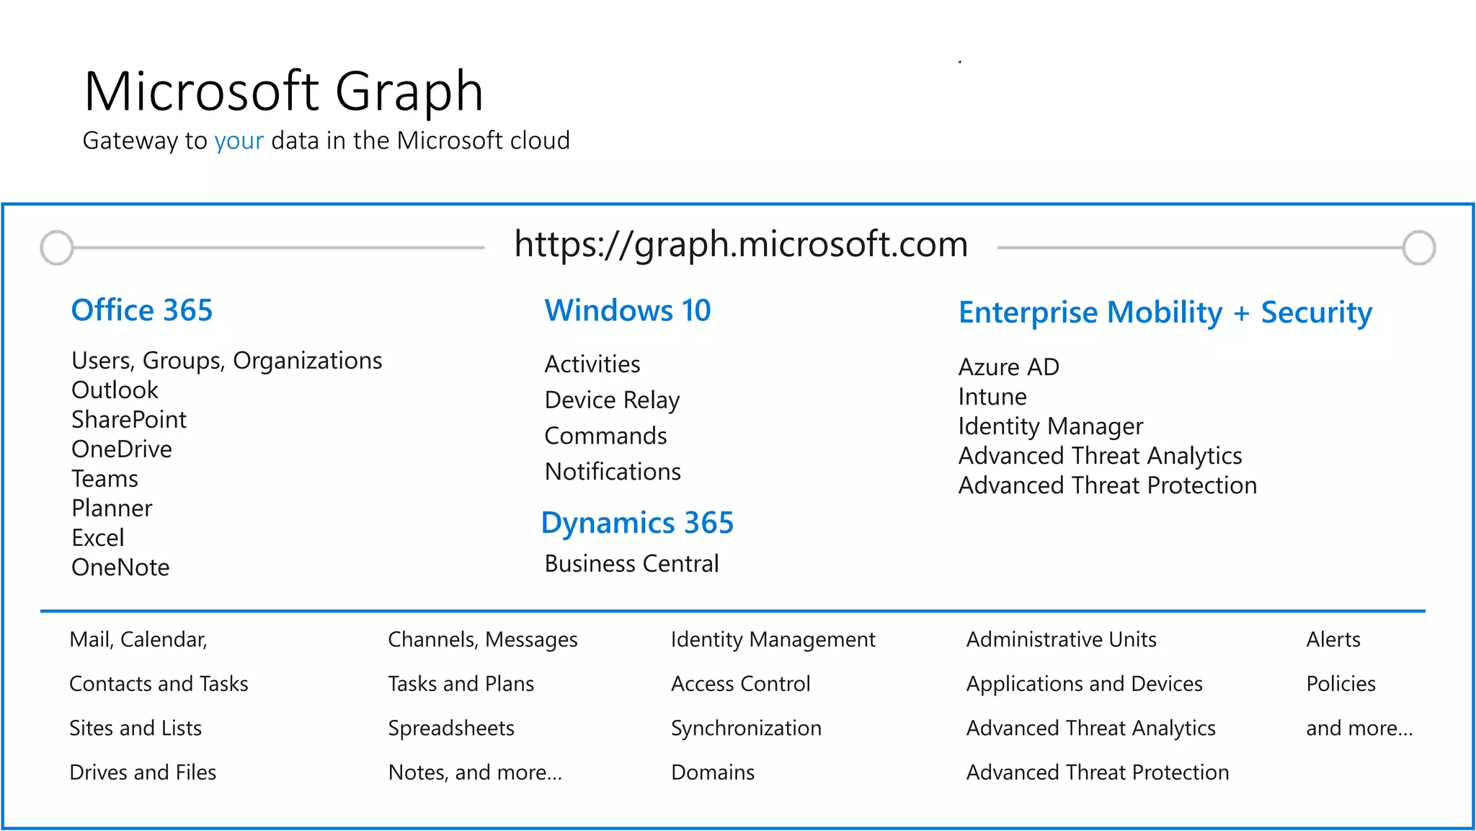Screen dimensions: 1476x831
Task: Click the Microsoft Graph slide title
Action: tap(283, 92)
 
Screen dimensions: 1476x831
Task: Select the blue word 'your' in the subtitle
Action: tap(239, 141)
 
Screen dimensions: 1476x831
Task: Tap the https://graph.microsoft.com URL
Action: tap(741, 244)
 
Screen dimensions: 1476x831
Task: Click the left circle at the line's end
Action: tap(57, 247)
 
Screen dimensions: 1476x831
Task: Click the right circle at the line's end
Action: tap(1419, 247)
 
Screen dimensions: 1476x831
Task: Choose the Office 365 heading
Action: tap(142, 310)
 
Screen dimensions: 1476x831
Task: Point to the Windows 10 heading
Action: tap(628, 310)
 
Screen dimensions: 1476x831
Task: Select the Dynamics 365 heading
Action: tap(637, 523)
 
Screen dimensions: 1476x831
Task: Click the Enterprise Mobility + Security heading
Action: tap(1165, 312)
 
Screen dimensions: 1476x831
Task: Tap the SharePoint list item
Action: tap(129, 420)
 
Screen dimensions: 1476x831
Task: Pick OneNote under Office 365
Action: tap(120, 568)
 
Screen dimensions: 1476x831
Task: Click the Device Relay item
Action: tap(612, 400)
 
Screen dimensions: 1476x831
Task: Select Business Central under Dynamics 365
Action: tap(631, 563)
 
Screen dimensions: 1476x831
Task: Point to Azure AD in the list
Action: tap(1008, 367)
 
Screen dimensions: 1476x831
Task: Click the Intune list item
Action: tap(992, 397)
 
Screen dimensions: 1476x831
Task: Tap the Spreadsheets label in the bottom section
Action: tap(451, 728)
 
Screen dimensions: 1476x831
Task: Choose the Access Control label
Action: tap(740, 684)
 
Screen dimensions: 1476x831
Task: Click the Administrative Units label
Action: tap(1061, 640)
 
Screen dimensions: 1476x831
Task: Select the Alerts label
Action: tap(1333, 640)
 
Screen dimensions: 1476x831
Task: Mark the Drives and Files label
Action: tap(143, 773)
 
